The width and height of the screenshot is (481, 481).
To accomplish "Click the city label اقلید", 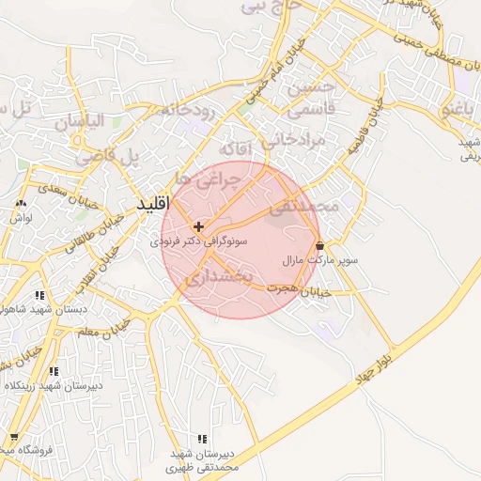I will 150,204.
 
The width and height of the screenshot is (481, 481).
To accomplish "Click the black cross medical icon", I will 198,226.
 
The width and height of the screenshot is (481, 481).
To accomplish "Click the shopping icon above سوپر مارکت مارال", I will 321,245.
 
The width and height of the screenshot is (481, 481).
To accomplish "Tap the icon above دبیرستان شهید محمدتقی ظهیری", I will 202,439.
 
